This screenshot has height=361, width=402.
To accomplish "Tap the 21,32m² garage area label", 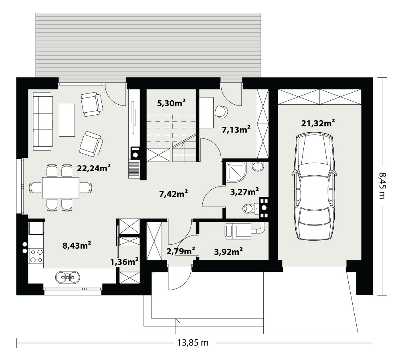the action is (318, 123).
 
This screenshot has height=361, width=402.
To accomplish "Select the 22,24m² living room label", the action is (94, 168).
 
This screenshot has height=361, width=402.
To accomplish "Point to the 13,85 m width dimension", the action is (193, 343).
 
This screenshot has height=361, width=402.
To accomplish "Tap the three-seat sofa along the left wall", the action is (43, 122).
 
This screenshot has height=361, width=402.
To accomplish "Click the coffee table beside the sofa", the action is (67, 120).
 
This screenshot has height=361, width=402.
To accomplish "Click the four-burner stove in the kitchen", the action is (36, 256).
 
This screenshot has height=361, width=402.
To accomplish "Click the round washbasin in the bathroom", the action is (258, 167).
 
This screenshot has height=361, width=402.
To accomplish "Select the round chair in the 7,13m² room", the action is (221, 112).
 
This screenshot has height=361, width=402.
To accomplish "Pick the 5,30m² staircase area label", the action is (171, 103).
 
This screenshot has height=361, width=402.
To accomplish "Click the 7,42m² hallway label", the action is (173, 193).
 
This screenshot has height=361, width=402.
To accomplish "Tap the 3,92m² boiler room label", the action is (228, 252).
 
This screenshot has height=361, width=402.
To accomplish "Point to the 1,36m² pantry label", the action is (125, 262).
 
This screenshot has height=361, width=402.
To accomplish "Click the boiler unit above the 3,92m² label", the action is (238, 231).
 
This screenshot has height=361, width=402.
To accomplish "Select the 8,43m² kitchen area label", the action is (77, 245).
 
